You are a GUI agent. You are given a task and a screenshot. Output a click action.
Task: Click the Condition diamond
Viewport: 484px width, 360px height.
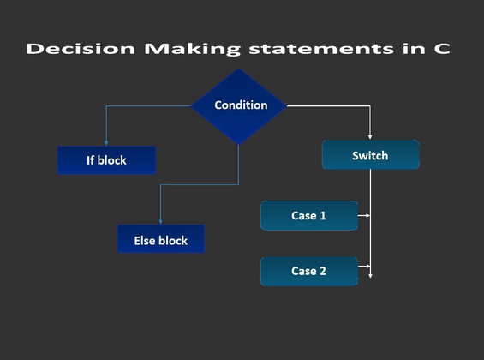click(x=239, y=106)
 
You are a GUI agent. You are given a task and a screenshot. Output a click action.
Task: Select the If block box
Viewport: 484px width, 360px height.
click(x=106, y=160)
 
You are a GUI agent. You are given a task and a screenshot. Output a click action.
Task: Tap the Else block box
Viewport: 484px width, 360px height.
click(x=161, y=238)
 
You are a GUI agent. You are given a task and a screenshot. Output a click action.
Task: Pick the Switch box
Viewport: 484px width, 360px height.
click(x=370, y=154)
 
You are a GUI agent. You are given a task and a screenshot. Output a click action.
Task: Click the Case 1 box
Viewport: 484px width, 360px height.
click(x=309, y=215)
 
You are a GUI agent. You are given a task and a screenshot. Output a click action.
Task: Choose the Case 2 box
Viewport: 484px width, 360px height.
click(x=309, y=272)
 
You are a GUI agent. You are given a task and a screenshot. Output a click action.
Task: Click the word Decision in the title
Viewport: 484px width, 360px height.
click(x=81, y=49)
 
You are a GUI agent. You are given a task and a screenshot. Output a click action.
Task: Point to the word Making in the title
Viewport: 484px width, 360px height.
click(x=192, y=50)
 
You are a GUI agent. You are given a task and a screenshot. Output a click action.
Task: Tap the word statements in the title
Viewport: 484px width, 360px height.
click(x=321, y=49)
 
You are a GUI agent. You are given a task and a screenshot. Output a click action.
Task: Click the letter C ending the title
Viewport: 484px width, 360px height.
click(x=442, y=49)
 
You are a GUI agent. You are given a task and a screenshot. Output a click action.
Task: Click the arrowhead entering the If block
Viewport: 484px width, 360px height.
click(x=106, y=143)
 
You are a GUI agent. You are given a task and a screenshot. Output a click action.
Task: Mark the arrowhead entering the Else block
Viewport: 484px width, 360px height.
click(x=160, y=222)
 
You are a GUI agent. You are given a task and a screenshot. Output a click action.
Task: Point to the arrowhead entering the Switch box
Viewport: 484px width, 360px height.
click(x=370, y=137)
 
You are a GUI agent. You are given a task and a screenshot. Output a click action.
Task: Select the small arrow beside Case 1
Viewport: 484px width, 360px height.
click(x=364, y=215)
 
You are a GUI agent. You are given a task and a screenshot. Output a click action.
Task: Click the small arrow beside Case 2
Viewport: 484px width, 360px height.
click(x=364, y=266)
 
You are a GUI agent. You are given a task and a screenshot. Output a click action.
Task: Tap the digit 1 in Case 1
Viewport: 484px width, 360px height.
click(x=323, y=215)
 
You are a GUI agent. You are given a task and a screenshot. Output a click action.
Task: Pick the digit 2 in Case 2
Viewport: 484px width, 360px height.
click(x=323, y=271)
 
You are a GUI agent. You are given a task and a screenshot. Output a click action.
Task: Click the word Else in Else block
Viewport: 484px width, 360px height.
click(x=144, y=241)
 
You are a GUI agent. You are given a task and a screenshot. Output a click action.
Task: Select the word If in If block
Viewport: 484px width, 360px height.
click(x=90, y=160)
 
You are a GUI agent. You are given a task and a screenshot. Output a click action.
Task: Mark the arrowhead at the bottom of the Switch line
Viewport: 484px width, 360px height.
click(x=370, y=276)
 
